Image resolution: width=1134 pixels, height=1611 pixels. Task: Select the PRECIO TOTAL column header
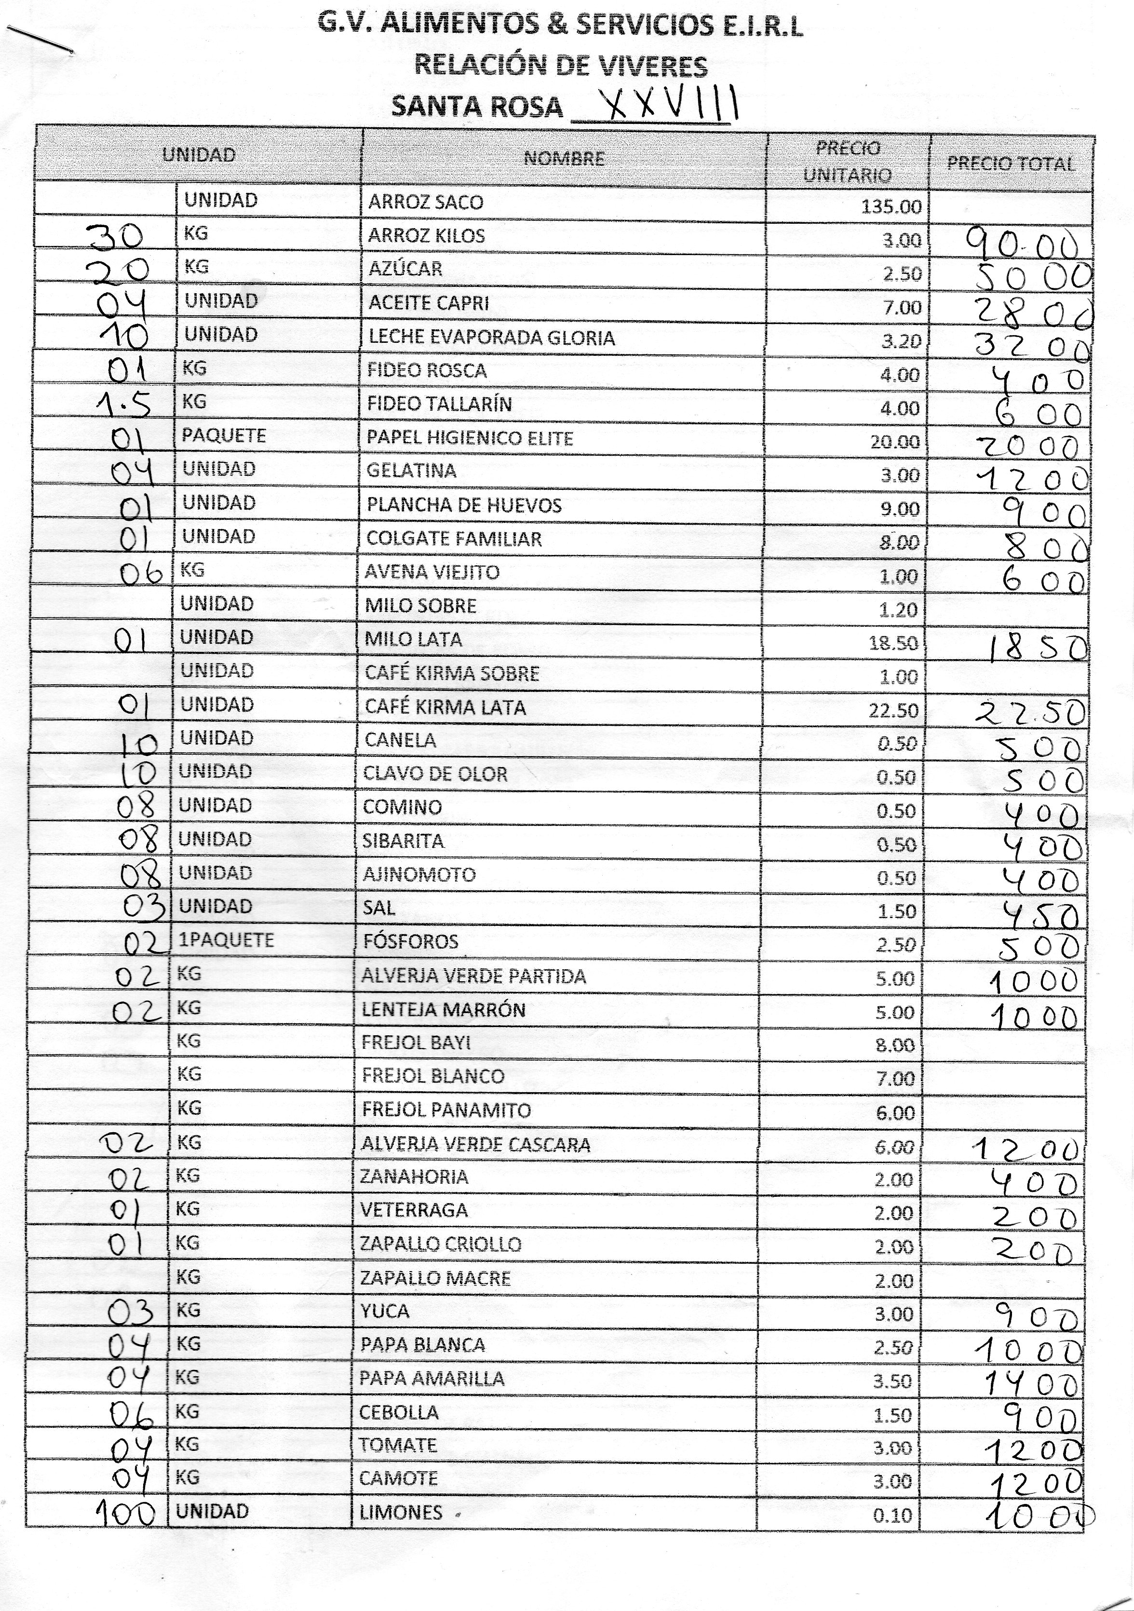(x=1011, y=163)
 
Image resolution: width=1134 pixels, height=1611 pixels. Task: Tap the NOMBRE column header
(x=564, y=159)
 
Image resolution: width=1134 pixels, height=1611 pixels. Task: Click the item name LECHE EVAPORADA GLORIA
(x=491, y=338)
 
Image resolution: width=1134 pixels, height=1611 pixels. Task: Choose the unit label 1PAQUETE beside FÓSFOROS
(x=226, y=940)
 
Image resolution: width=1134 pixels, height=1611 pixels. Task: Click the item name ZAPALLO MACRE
(x=434, y=1278)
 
